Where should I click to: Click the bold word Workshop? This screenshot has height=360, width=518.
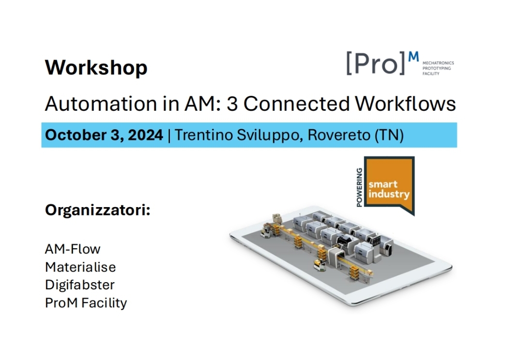pyautogui.click(x=96, y=68)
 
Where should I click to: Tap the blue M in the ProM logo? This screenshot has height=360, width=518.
pyautogui.click(x=413, y=57)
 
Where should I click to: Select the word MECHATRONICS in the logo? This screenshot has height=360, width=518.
pyautogui.click(x=438, y=63)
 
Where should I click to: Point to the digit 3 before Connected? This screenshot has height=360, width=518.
pyautogui.click(x=232, y=104)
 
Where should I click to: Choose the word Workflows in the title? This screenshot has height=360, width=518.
pyautogui.click(x=405, y=104)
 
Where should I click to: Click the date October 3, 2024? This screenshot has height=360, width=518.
pyautogui.click(x=104, y=135)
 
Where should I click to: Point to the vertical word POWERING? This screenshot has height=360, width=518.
pyautogui.click(x=359, y=187)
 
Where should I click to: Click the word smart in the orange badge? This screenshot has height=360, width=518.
pyautogui.click(x=383, y=184)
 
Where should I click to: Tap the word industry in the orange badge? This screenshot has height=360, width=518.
pyautogui.click(x=389, y=194)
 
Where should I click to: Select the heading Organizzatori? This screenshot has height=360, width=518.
pyautogui.click(x=98, y=210)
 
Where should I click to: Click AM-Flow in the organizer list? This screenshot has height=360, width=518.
pyautogui.click(x=73, y=249)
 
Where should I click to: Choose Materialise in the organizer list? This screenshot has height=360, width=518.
pyautogui.click(x=81, y=267)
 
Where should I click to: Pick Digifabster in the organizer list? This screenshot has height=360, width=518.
pyautogui.click(x=80, y=285)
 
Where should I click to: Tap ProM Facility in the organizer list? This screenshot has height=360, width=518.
pyautogui.click(x=86, y=303)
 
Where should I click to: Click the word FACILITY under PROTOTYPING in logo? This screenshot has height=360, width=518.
pyautogui.click(x=431, y=74)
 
